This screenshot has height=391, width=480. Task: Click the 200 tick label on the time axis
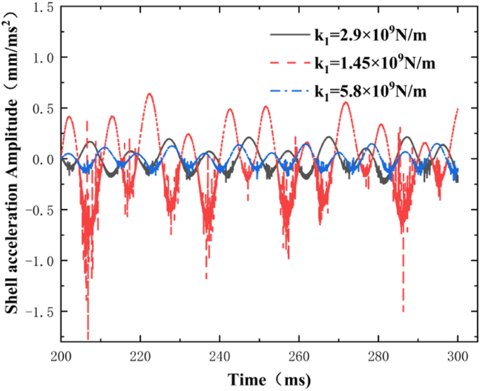(x=62, y=356)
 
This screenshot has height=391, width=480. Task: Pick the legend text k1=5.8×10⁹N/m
(x=371, y=92)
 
